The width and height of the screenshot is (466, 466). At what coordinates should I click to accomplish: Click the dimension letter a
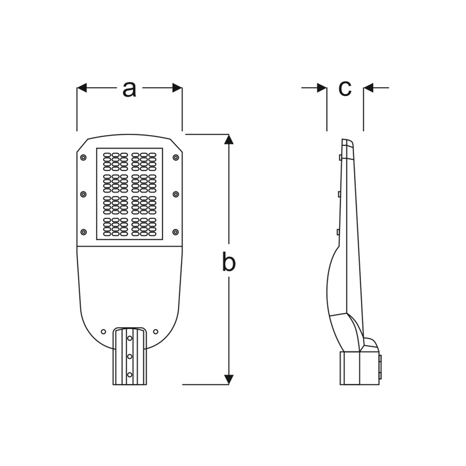pyautogui.click(x=129, y=89)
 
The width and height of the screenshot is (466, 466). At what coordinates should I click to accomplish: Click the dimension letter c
pyautogui.click(x=345, y=88)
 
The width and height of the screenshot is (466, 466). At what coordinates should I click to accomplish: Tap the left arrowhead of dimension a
pyautogui.click(x=82, y=88)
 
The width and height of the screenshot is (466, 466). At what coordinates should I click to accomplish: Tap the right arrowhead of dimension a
pyautogui.click(x=177, y=88)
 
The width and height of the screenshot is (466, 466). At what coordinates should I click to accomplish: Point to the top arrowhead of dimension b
pyautogui.click(x=229, y=140)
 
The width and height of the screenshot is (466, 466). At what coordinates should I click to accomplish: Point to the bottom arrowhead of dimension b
pyautogui.click(x=229, y=380)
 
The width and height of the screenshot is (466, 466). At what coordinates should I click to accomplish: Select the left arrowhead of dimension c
pyautogui.click(x=322, y=88)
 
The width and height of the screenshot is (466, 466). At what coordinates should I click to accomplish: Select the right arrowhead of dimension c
pyautogui.click(x=368, y=88)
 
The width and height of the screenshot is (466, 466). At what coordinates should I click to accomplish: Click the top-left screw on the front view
pyautogui.click(x=83, y=157)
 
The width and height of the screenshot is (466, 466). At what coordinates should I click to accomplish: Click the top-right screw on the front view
pyautogui.click(x=175, y=157)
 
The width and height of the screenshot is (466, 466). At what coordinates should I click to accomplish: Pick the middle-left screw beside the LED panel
pyautogui.click(x=83, y=195)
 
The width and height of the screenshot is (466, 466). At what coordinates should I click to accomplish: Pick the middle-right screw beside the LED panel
pyautogui.click(x=175, y=195)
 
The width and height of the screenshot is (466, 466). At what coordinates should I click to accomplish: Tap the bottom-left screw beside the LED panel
pyautogui.click(x=83, y=232)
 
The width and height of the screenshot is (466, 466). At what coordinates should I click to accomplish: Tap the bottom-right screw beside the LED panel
pyautogui.click(x=175, y=232)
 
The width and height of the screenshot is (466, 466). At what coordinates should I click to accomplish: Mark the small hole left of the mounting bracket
pyautogui.click(x=104, y=332)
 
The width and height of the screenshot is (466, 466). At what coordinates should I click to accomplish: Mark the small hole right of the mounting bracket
pyautogui.click(x=156, y=332)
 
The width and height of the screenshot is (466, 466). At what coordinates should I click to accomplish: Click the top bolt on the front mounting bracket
pyautogui.click(x=129, y=338)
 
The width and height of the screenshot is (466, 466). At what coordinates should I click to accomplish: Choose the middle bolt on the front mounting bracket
pyautogui.click(x=129, y=357)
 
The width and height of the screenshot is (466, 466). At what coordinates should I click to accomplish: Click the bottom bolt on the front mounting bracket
pyautogui.click(x=129, y=374)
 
